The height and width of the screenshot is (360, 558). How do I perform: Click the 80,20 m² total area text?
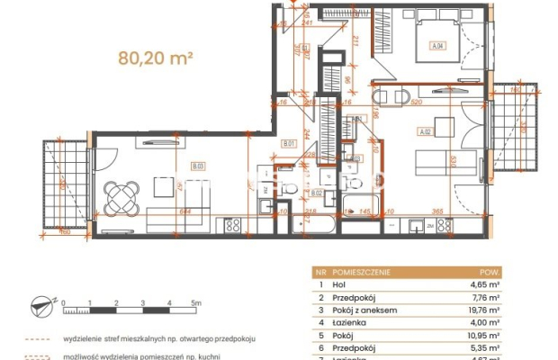click(x=156, y=58)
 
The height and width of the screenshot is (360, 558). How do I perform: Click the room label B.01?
click(x=289, y=145)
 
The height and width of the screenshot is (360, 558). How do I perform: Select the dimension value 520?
click(x=416, y=103)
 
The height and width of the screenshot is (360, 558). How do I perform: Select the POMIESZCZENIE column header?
click(x=360, y=270)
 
